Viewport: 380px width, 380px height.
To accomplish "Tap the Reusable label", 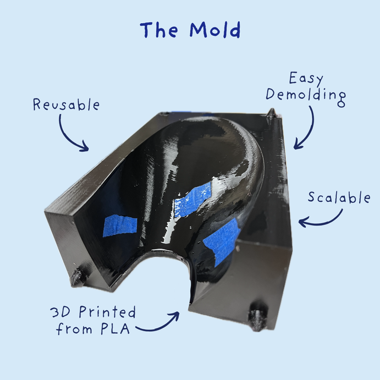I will point(66,104).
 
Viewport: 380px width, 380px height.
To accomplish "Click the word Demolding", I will point(306,95).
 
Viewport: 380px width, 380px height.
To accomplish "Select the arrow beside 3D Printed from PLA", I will point(159,324).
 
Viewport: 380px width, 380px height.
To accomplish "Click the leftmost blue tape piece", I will point(119,225).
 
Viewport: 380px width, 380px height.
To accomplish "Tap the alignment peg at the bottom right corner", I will point(257,317).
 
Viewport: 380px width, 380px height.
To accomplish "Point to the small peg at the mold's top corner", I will point(271,113).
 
